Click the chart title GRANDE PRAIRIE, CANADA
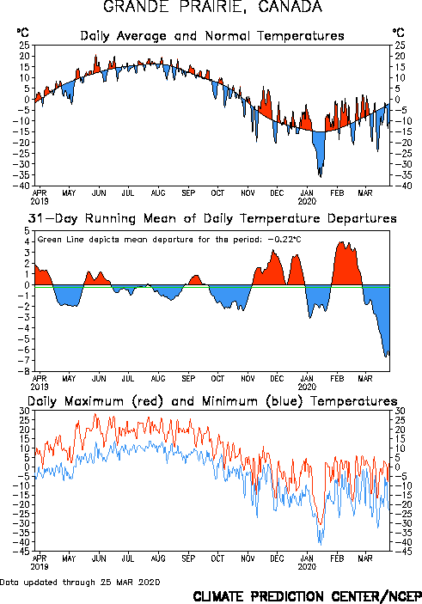coord(212,6)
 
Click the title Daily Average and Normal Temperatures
coord(212,36)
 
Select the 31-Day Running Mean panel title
coord(212,218)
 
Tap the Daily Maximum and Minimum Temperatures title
coord(212,401)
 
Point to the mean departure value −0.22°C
coord(284,239)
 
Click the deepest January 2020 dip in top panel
coord(321,177)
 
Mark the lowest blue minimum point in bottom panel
coord(321,545)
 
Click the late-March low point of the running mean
coord(386,357)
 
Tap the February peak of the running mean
coord(341,242)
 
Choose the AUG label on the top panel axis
coord(158,192)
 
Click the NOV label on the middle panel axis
coord(248,378)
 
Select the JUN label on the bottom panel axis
coord(99,558)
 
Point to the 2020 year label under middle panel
coord(307,387)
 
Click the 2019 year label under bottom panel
coord(40,566)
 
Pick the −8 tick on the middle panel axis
coord(25,371)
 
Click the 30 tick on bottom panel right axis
coord(399,411)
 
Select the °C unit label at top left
coord(22,33)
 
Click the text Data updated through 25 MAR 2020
coord(80,582)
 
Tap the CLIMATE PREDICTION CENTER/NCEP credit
coord(307,596)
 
